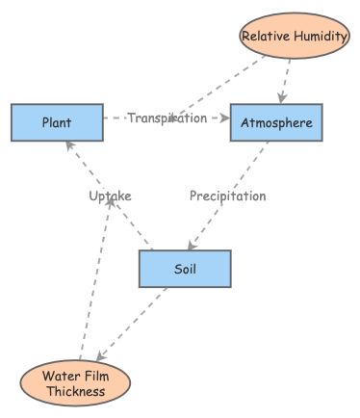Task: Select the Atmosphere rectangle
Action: [x=275, y=122]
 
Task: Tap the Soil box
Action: [x=185, y=269]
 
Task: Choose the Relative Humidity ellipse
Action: [x=294, y=37]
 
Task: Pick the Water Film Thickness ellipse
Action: [x=75, y=383]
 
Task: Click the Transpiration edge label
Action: [x=167, y=118]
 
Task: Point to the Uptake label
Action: [x=110, y=196]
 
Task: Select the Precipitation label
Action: [x=227, y=196]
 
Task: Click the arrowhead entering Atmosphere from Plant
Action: [x=225, y=118]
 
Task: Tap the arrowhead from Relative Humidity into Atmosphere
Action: [x=281, y=98]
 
